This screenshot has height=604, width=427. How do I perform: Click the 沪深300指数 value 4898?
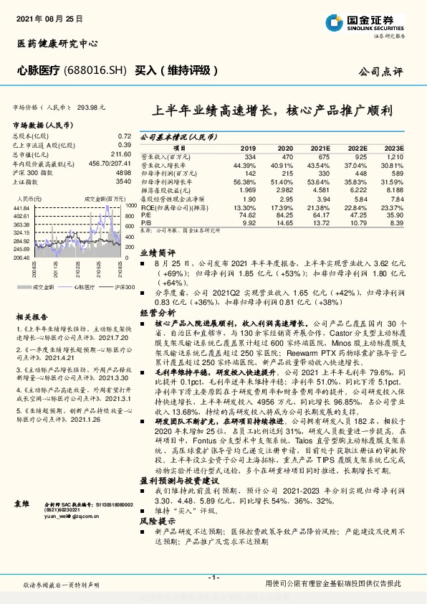[x=123, y=173]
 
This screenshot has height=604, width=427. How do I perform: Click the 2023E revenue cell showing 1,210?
[x=395, y=156]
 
